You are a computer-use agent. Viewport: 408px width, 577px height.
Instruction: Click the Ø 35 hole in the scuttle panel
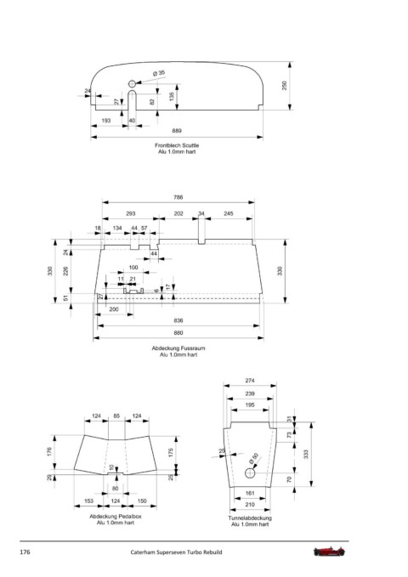point(132,83)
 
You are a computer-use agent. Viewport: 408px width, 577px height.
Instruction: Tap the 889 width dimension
point(177,131)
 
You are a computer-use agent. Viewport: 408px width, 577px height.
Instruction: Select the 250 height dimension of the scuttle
point(284,86)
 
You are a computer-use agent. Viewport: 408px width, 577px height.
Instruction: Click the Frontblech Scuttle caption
point(177,145)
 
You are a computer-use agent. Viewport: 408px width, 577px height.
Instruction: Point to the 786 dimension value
point(178,197)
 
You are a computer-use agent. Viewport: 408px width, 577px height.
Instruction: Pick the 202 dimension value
point(178,213)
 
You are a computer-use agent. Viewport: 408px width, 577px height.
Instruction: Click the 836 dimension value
point(178,320)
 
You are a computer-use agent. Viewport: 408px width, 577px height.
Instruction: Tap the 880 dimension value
point(178,333)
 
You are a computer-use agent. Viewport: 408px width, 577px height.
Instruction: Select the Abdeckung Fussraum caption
point(178,348)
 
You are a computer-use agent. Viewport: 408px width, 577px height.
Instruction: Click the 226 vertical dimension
point(66,272)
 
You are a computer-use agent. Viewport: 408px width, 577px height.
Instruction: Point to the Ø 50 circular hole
point(250,472)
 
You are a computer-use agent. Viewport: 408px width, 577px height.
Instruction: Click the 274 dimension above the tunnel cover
point(250,381)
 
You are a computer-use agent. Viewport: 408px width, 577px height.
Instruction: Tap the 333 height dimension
point(306,454)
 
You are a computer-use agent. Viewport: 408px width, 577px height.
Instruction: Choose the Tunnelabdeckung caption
point(250,518)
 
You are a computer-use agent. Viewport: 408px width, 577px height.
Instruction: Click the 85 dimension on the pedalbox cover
point(116,416)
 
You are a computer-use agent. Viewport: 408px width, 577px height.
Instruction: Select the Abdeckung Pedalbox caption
point(116,517)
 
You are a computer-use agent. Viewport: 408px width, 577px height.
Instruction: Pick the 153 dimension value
point(88,501)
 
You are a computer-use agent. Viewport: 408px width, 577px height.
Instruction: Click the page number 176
point(25,552)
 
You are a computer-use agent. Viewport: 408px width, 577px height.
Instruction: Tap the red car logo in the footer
point(329,552)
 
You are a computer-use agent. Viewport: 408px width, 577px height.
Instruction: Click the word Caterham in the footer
point(143,552)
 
